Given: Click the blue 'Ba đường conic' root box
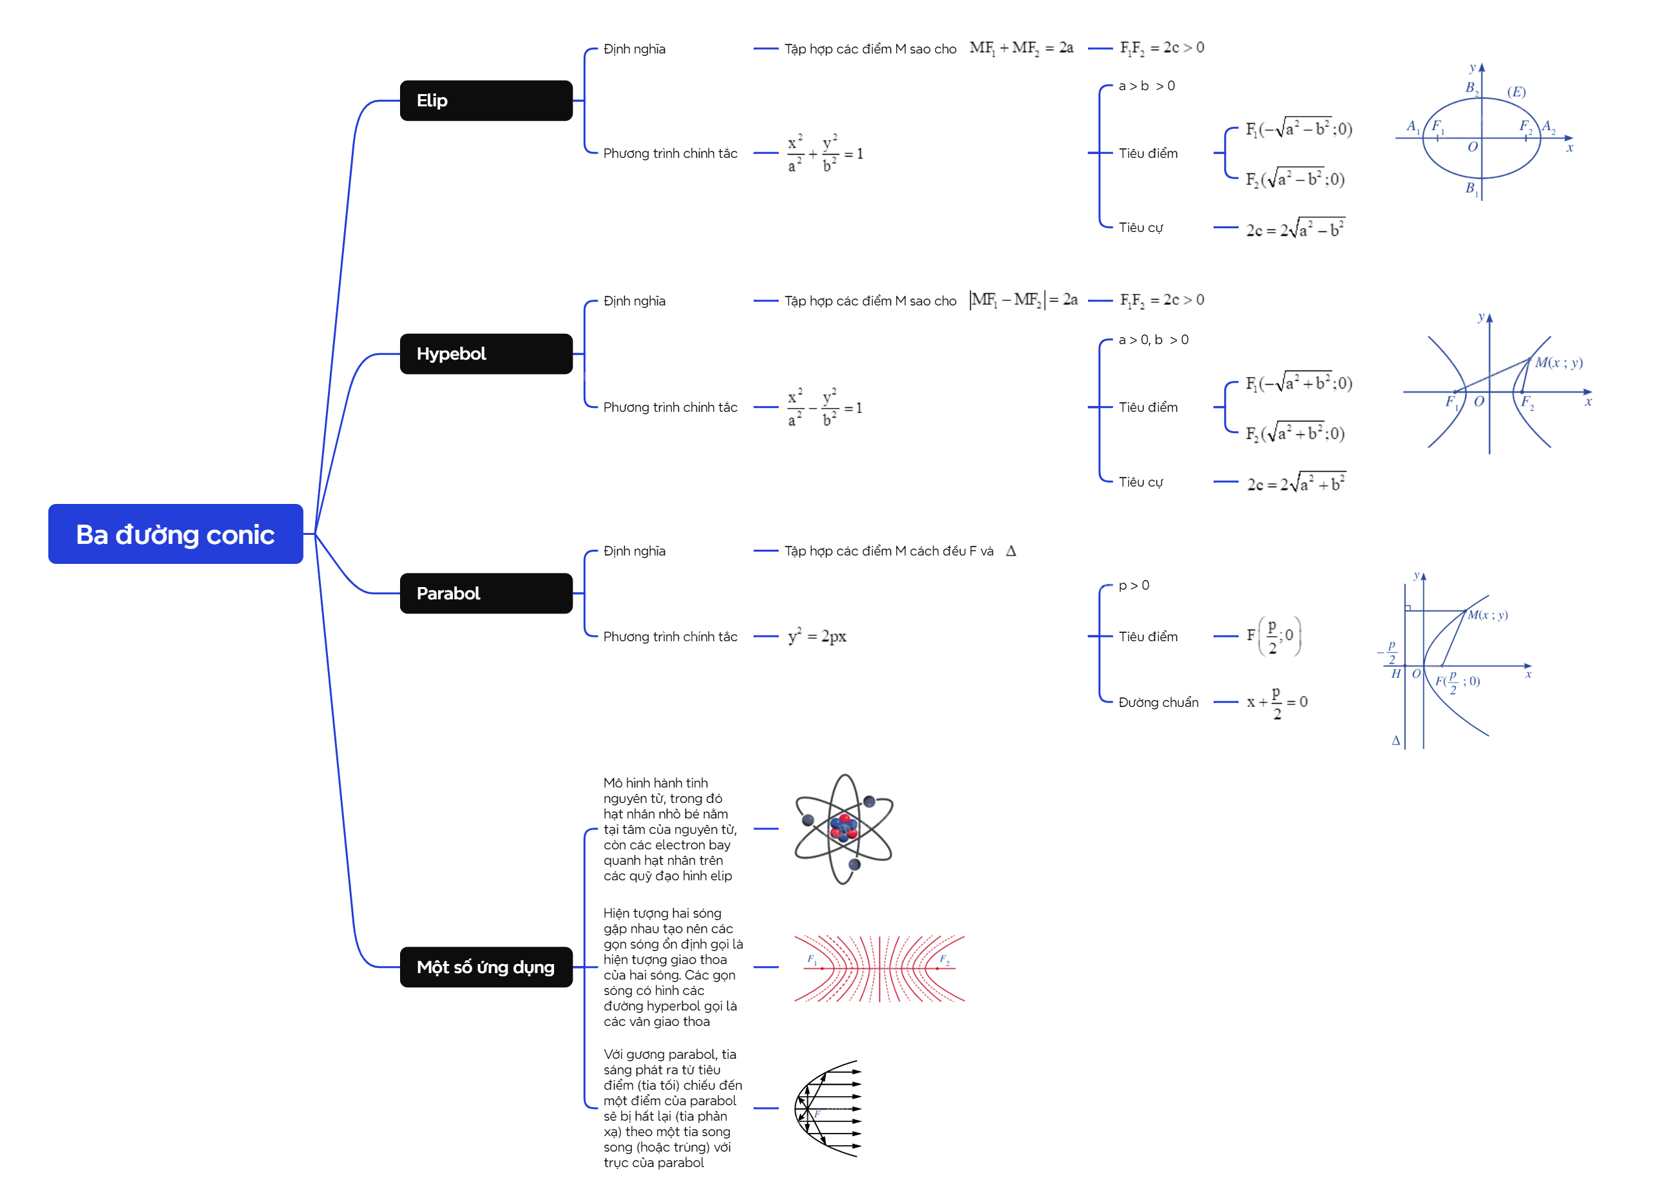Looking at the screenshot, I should (175, 534).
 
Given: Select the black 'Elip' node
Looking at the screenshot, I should (485, 101).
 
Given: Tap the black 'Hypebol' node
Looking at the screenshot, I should (485, 354).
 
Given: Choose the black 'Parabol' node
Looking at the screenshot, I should (485, 594).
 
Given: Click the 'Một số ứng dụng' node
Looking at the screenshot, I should (485, 967).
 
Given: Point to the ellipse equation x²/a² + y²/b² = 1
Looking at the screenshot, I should (825, 153).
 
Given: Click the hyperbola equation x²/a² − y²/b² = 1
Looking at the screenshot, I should (825, 407).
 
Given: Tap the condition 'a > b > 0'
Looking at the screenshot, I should (1146, 86).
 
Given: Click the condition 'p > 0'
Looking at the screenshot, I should (1133, 585).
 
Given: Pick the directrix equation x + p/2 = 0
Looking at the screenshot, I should (1276, 703).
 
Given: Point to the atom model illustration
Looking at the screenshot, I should (843, 829).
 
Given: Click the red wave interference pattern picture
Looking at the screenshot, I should (879, 968).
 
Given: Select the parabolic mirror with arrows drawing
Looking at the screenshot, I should (828, 1108).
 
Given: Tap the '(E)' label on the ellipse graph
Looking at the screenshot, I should (1516, 92).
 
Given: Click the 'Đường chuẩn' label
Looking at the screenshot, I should (1158, 703).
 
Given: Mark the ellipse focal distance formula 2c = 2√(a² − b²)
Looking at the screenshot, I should (1296, 229).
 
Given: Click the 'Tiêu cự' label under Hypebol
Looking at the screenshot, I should (1140, 483).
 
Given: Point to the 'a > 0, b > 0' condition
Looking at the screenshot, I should (1153, 340).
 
